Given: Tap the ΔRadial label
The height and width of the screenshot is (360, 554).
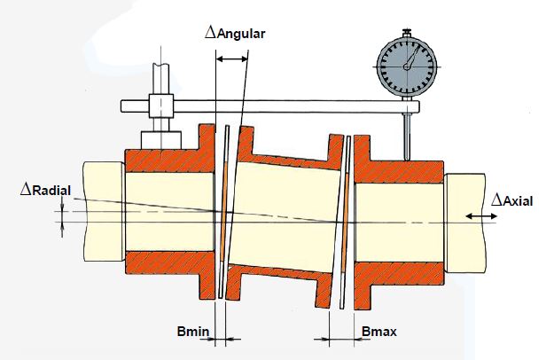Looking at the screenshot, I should pos(46,190).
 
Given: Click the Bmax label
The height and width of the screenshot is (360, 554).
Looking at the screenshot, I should pos(379,333).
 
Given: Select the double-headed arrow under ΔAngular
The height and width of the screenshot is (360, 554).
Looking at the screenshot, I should pos(233,58).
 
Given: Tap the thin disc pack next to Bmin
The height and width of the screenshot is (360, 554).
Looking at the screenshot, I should pos(222,213).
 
